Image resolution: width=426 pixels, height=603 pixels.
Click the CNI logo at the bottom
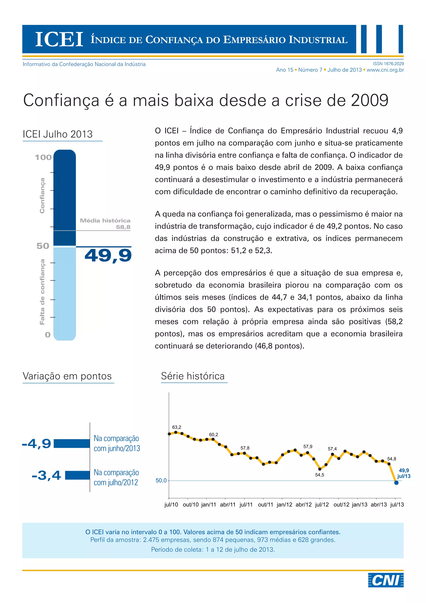pyautogui.click(x=386, y=580)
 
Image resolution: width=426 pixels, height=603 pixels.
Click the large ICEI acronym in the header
pyautogui.click(x=59, y=39)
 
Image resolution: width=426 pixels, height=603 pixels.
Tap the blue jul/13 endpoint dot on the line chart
pyautogui.click(x=396, y=482)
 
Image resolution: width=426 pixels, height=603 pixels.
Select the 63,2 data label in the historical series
pyautogui.click(x=177, y=427)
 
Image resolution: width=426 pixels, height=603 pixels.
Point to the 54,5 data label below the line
pyautogui.click(x=319, y=475)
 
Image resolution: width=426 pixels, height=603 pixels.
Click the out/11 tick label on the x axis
pyautogui.click(x=265, y=505)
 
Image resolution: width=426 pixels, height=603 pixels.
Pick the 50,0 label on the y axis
pyautogui.click(x=161, y=480)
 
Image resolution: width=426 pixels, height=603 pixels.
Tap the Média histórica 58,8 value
pyautogui.click(x=123, y=227)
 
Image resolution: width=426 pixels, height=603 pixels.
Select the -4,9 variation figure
pyautogui.click(x=37, y=444)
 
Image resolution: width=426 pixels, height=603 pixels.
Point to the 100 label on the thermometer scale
pyautogui.click(x=43, y=157)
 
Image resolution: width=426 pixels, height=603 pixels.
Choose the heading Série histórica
pyautogui.click(x=193, y=376)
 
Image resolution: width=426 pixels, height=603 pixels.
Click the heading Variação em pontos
pyautogui.click(x=67, y=376)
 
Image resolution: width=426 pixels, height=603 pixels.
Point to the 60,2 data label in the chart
pyautogui.click(x=214, y=435)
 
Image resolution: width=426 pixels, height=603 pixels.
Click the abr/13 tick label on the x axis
pyautogui.click(x=379, y=505)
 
